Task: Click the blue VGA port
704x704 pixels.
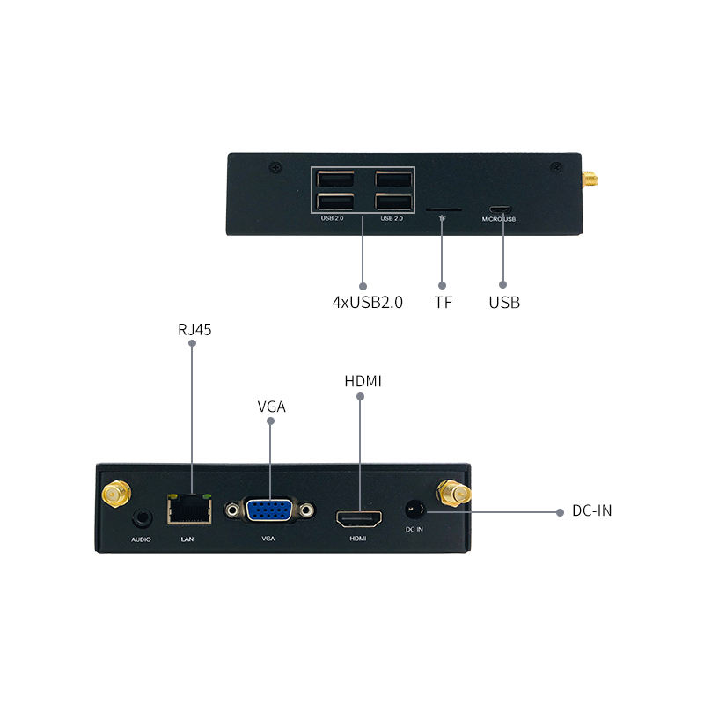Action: (269, 511)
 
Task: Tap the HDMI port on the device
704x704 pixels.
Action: (359, 517)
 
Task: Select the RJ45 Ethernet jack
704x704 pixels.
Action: (187, 510)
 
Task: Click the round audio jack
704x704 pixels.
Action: (141, 519)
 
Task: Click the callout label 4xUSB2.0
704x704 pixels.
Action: (367, 303)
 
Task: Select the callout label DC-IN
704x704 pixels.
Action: (591, 510)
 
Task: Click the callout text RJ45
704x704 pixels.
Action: (194, 330)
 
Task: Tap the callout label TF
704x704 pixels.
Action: (443, 303)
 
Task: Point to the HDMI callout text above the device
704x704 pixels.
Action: (363, 381)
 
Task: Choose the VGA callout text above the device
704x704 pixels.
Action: (271, 407)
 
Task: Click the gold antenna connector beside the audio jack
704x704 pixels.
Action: (115, 495)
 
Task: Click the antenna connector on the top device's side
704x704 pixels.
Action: (588, 180)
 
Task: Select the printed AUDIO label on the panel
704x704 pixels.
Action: (142, 538)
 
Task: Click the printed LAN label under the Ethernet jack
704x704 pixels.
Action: (187, 538)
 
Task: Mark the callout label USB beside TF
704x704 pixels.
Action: (504, 303)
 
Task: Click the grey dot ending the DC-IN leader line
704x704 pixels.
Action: (560, 510)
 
